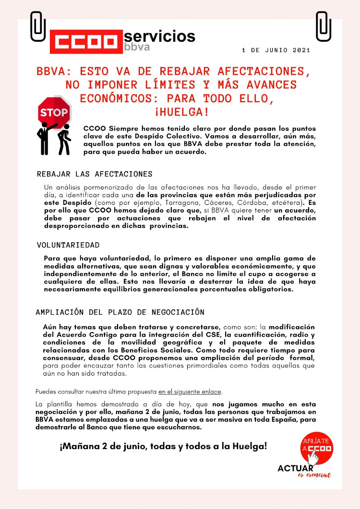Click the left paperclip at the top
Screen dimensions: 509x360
tap(37, 26)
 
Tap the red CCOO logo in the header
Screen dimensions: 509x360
tap(86, 42)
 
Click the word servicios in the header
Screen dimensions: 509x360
tap(159, 36)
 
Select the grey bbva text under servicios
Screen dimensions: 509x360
tap(137, 47)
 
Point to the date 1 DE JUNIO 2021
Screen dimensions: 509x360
tap(276, 50)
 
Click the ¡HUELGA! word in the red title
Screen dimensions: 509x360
tap(181, 112)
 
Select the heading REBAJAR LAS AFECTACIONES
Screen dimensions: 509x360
tap(95, 174)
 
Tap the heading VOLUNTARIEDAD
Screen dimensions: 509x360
tap(68, 245)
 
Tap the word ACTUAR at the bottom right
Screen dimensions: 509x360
tap(295, 468)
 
